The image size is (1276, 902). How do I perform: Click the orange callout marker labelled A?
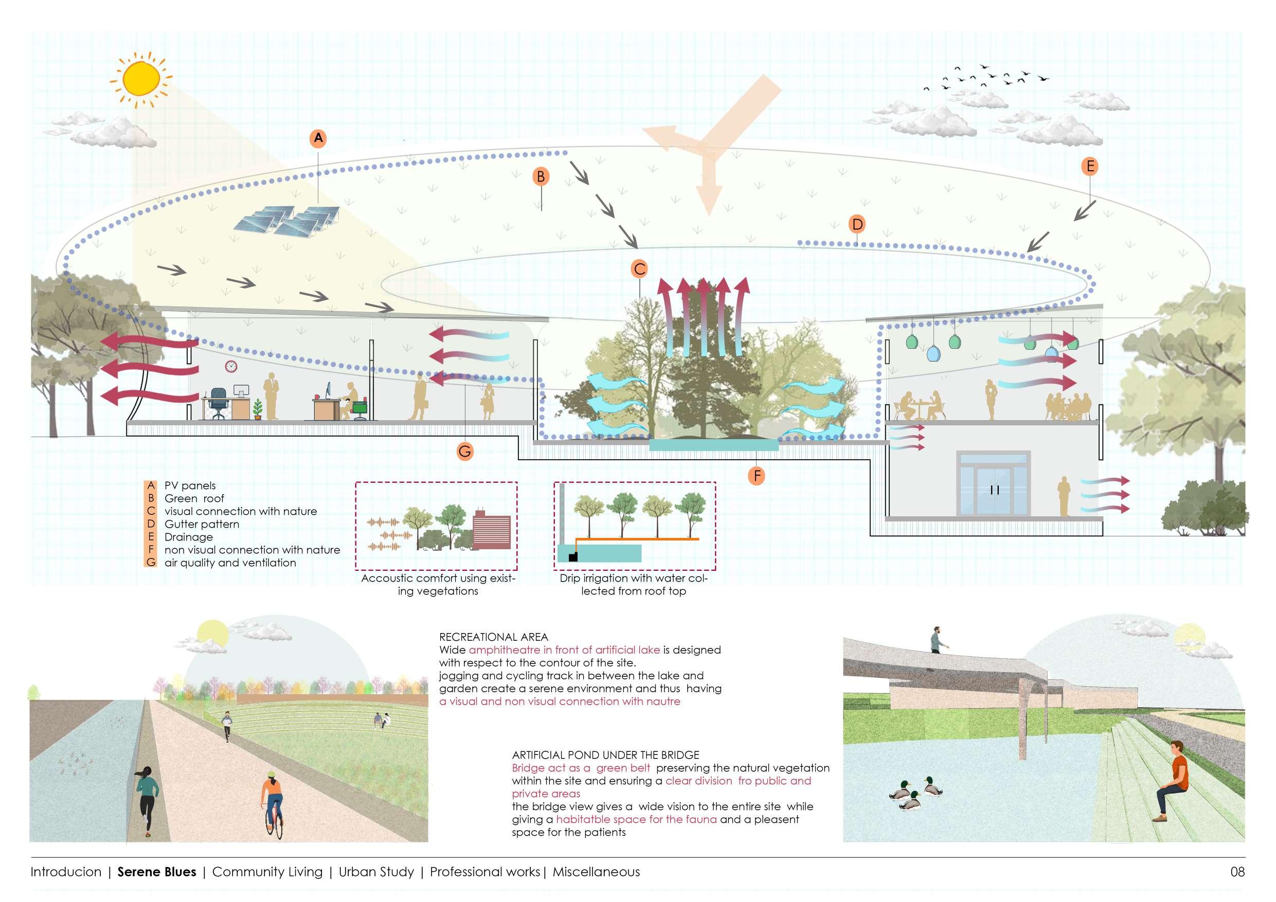[x=318, y=138]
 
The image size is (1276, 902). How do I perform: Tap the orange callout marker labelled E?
[x=1089, y=166]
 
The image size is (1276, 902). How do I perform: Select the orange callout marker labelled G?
[x=464, y=452]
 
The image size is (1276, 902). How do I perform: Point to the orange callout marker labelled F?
[x=757, y=475]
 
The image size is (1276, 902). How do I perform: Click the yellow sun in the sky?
[x=141, y=78]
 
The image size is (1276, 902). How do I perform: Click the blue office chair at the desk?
[x=219, y=401]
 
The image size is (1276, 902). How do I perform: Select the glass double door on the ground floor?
[x=994, y=490]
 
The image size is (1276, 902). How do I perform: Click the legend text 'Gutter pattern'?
[x=202, y=524]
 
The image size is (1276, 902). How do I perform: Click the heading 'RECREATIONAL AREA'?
[x=494, y=637]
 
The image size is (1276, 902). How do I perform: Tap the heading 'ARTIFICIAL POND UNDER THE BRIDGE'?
[x=606, y=755]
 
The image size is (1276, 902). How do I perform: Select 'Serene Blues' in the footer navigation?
[x=157, y=872]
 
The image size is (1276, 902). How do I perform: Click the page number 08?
[x=1237, y=872]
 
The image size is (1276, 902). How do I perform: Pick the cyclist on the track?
[x=272, y=803]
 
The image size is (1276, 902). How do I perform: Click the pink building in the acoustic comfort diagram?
[x=491, y=530]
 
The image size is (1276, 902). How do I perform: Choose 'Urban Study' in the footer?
[x=376, y=872]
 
